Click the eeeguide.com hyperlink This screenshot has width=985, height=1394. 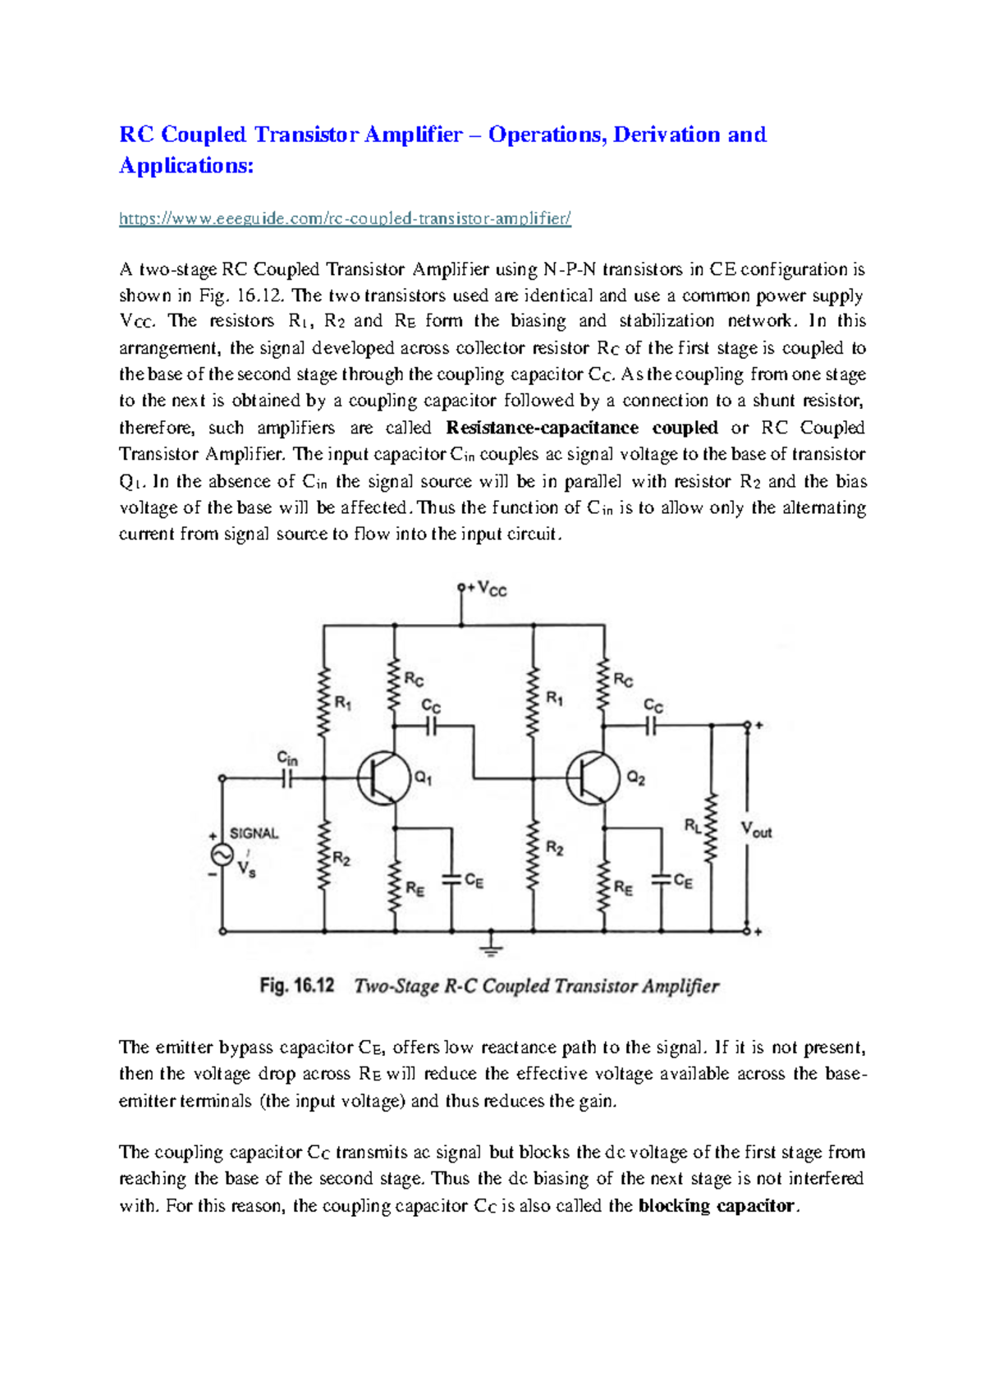[345, 218]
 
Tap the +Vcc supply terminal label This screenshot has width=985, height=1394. [487, 589]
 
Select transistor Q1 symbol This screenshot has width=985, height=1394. [383, 777]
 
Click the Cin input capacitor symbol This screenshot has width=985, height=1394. [288, 777]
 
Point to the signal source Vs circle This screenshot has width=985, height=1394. [222, 855]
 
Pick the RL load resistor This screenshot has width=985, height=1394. [711, 828]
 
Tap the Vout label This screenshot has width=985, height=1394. [756, 830]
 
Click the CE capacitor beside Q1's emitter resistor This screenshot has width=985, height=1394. [451, 879]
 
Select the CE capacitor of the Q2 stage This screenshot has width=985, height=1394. [661, 879]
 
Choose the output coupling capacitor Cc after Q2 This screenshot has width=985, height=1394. [652, 726]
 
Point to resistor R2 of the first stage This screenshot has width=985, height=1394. [325, 854]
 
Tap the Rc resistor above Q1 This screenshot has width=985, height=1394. [395, 684]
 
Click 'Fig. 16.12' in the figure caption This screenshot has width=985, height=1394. [297, 985]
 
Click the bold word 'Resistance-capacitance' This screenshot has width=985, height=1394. [542, 428]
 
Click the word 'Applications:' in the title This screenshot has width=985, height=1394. [186, 166]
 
